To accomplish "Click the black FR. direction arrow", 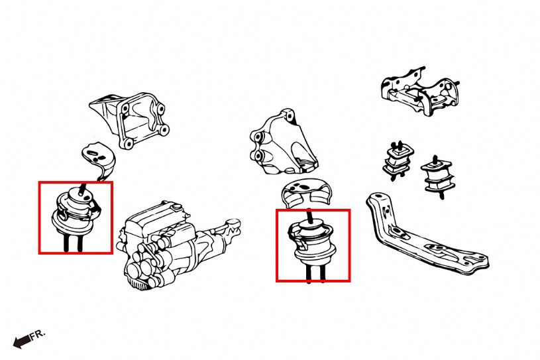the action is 21,341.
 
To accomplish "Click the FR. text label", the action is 37,335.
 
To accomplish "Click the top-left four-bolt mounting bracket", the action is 131,119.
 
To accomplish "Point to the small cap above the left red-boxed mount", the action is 99,160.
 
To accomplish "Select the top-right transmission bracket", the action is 421,91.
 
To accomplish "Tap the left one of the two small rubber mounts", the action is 398,160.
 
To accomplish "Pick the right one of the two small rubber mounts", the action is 438,176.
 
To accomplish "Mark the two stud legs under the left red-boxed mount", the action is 73,243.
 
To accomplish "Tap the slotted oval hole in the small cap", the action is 93,152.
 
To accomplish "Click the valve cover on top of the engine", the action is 155,217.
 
